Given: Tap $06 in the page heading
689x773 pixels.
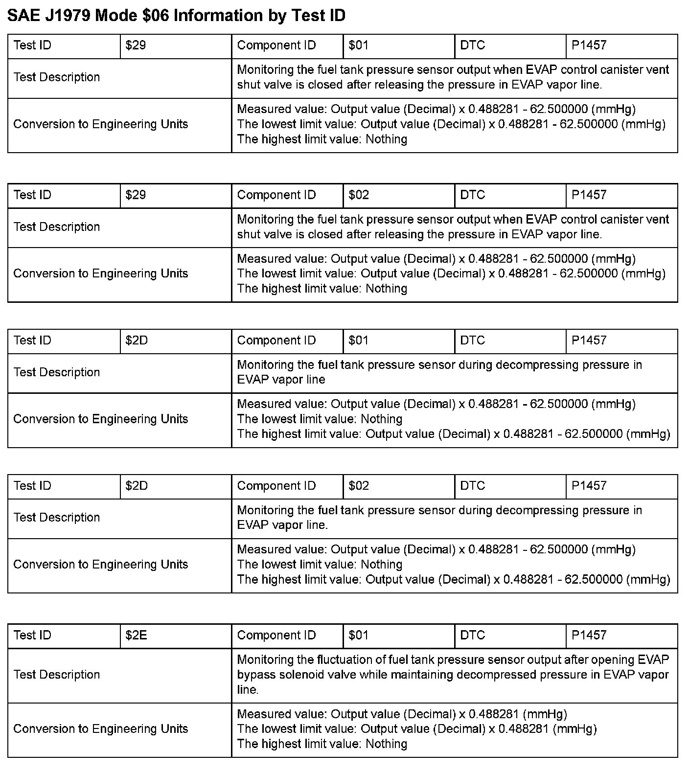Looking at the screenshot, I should pos(152,16).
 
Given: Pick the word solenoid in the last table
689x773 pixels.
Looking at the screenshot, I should pos(302,675).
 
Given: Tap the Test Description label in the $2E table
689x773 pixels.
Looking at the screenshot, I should pos(57,675).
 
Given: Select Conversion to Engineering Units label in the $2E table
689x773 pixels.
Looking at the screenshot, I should pos(101,729).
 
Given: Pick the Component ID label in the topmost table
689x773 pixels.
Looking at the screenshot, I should pos(276,45).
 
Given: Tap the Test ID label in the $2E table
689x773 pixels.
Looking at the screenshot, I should pos(32,636).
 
